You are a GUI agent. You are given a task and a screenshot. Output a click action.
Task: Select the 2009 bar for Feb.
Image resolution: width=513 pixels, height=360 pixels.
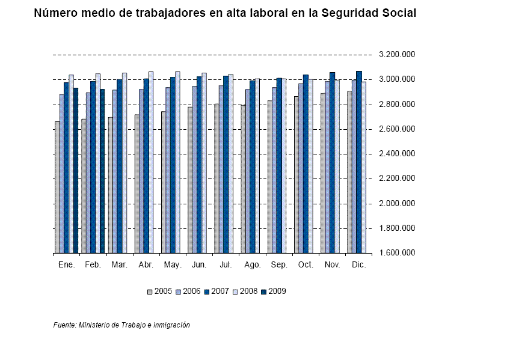[x=102, y=171]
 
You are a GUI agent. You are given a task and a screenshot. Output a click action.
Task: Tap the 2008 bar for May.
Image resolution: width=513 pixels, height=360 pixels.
[x=177, y=162]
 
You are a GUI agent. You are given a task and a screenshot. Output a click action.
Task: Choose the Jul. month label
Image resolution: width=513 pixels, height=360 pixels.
[x=226, y=265]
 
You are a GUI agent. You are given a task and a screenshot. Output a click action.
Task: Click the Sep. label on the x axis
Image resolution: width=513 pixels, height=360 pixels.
[x=279, y=265]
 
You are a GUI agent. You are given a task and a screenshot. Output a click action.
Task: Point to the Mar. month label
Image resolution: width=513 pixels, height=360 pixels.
[x=120, y=265]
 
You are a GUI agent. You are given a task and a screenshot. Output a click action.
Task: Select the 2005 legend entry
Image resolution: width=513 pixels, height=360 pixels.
[x=160, y=291]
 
